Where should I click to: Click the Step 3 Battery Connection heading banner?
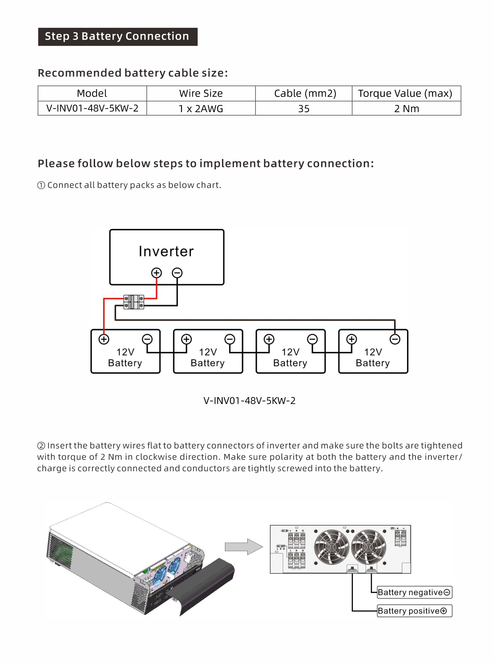(x=117, y=37)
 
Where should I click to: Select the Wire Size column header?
(x=201, y=93)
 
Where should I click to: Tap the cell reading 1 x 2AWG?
(x=201, y=108)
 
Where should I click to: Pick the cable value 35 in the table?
(x=304, y=108)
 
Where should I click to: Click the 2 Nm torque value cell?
(x=406, y=108)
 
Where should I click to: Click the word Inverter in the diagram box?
(x=166, y=251)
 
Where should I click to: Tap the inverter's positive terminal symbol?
(x=156, y=273)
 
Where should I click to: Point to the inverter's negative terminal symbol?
(x=177, y=273)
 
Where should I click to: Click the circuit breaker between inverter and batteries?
(x=134, y=302)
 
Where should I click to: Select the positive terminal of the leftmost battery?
(x=104, y=339)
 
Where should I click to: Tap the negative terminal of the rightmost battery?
(x=395, y=339)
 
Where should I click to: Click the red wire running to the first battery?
(x=104, y=315)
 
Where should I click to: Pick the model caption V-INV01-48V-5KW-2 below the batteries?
(x=249, y=401)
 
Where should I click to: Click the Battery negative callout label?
(x=414, y=592)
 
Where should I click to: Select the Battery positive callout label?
(x=414, y=611)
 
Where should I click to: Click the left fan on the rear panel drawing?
(x=331, y=546)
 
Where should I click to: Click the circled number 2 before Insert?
(x=41, y=446)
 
